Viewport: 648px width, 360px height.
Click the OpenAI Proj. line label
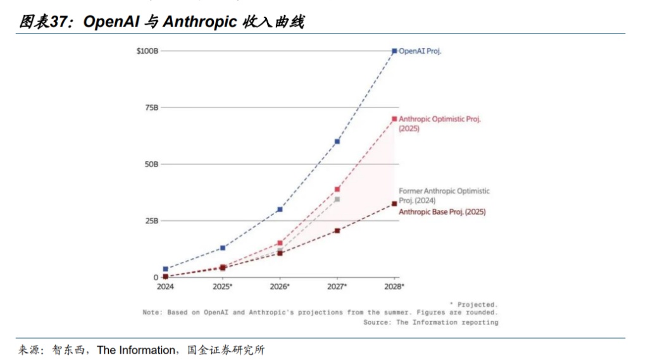pyautogui.click(x=420, y=51)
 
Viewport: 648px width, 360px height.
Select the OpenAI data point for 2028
pyautogui.click(x=394, y=51)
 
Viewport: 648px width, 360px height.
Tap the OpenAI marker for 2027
pyautogui.click(x=337, y=141)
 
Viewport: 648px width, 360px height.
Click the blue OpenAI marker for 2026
pyautogui.click(x=280, y=209)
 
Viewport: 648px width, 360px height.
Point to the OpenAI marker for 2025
pyautogui.click(x=223, y=247)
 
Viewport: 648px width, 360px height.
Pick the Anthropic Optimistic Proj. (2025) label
pyautogui.click(x=439, y=123)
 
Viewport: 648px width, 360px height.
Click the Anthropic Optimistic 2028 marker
pyautogui.click(x=394, y=119)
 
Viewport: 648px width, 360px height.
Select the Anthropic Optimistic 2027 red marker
pyautogui.click(x=337, y=189)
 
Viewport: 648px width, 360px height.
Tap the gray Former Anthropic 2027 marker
pyautogui.click(x=337, y=199)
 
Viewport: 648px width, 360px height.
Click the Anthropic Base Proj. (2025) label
pyautogui.click(x=442, y=212)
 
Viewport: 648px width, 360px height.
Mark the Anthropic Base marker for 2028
pyautogui.click(x=394, y=204)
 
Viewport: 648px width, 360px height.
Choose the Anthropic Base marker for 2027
pyautogui.click(x=337, y=230)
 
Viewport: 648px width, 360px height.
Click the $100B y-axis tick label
pyautogui.click(x=147, y=51)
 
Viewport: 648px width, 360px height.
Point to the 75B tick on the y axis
pyautogui.click(x=151, y=108)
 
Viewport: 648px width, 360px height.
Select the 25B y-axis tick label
pyautogui.click(x=151, y=221)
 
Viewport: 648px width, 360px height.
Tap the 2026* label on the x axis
pyautogui.click(x=280, y=287)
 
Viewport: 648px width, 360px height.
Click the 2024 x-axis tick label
pyautogui.click(x=165, y=287)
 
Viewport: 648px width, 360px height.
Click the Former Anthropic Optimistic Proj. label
pyautogui.click(x=444, y=196)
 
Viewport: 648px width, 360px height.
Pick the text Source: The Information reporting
pyautogui.click(x=430, y=322)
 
